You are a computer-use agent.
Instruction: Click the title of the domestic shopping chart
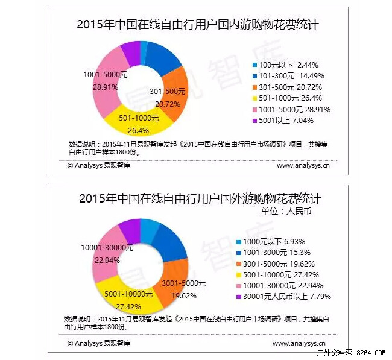tap(198, 25)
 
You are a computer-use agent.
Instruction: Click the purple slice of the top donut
tap(130, 53)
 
